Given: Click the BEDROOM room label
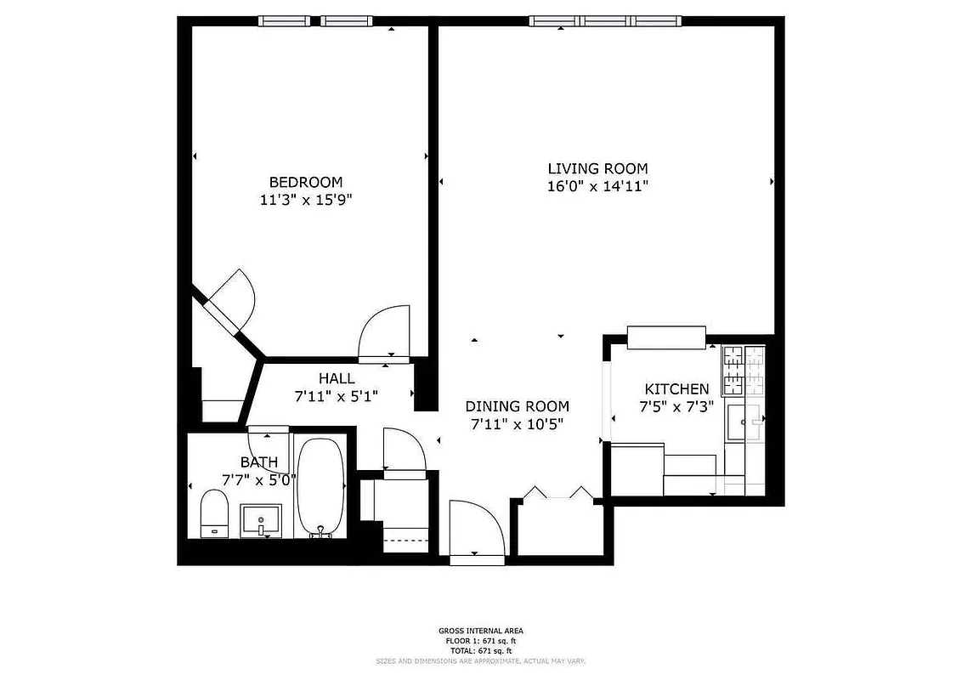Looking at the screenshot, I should coord(306,182).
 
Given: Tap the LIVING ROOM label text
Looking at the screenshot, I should coord(597,168).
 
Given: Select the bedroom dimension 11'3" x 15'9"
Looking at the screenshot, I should coord(306,201).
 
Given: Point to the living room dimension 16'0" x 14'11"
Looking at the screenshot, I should coord(597,187).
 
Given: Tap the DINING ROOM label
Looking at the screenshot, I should coord(517,406).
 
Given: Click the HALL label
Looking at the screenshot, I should coord(337,378).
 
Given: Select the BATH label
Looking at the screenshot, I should coord(258,462).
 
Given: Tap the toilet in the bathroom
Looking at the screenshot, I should coord(214,514).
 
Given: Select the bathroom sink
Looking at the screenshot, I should coord(261,519).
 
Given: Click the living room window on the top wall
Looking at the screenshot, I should coord(607,21).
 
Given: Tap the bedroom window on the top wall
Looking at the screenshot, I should coord(316,21).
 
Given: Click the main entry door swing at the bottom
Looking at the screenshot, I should coord(477,531).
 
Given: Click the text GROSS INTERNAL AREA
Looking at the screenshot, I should coord(481,631).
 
